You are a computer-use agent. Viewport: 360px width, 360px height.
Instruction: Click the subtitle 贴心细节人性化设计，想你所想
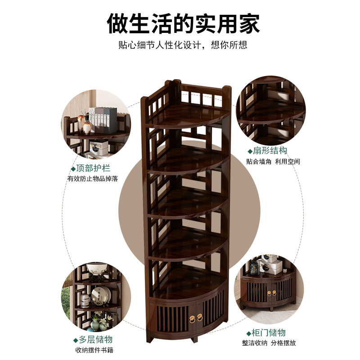point(183,45)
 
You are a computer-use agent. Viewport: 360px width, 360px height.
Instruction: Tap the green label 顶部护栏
point(93,168)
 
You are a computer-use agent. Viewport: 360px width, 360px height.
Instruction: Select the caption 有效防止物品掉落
point(93,179)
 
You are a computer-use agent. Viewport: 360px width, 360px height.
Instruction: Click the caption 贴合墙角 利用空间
point(273,162)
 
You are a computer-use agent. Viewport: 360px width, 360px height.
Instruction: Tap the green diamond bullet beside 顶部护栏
point(73,169)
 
